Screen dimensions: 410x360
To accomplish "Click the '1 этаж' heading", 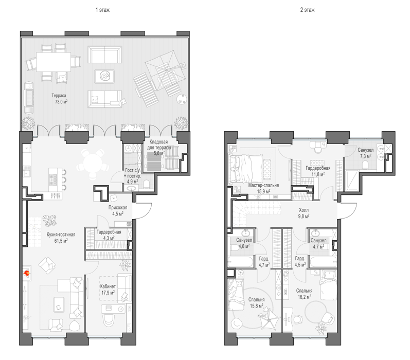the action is coord(102,10).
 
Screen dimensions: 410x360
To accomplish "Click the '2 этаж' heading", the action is coord(307,10).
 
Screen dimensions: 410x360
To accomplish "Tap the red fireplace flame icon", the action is coord(27,274).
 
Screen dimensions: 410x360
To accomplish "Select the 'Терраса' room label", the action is coord(59,96).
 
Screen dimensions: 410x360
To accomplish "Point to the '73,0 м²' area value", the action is coord(61,102).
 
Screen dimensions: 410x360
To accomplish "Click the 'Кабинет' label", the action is coord(108,286).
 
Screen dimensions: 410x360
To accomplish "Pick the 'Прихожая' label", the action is coord(118,208).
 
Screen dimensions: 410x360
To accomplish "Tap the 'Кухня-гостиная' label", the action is coord(61,235).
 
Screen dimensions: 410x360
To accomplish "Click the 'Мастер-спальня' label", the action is coord(263,185).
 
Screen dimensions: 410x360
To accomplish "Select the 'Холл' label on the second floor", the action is coord(304,210).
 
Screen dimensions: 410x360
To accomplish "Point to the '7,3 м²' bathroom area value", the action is coord(365,156).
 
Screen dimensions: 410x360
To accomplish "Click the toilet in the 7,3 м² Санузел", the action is coord(365,164).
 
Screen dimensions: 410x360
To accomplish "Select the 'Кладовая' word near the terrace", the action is coord(158,142).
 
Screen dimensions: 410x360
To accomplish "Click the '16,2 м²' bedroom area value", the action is coord(305,297).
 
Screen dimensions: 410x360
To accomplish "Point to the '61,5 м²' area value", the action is coord(61,241).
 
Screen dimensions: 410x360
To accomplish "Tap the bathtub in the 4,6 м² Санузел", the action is coord(241,262).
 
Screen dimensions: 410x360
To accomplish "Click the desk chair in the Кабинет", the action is coord(109,320).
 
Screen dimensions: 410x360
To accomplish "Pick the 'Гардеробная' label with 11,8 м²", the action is coord(318,168).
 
